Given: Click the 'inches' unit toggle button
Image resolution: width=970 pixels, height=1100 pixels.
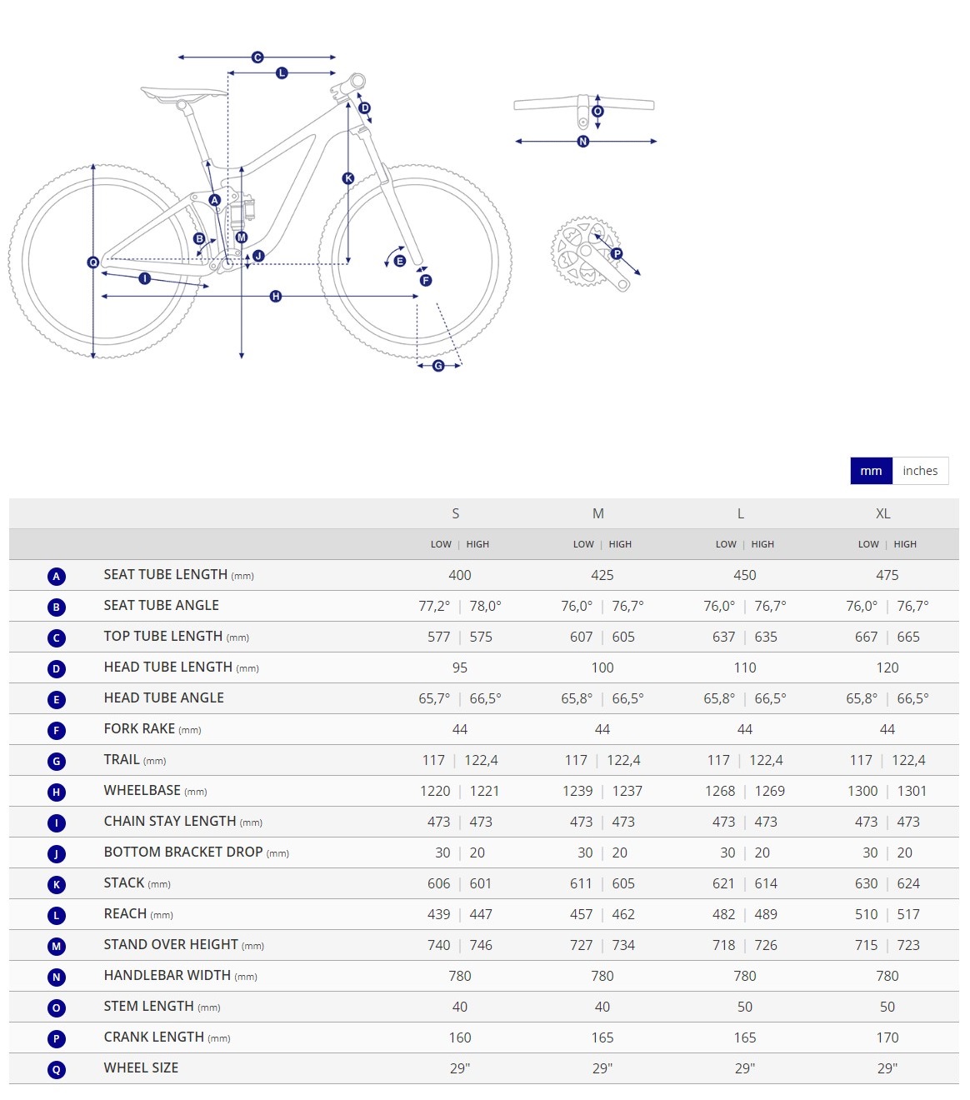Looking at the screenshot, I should point(920,471).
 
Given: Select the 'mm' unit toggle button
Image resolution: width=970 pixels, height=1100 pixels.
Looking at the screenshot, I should point(871,471).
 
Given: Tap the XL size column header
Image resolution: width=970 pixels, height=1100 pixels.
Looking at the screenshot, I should point(883,513).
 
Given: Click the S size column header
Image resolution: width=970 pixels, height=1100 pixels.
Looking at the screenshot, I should point(456,513).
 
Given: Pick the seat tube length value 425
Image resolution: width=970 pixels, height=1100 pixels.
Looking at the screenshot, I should point(602,575).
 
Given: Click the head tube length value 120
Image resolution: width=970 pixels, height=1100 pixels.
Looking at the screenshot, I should point(887,667).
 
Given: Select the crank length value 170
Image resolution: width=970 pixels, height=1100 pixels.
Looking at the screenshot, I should point(887,1037).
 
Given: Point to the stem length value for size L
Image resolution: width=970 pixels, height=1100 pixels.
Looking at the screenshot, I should point(745,1007).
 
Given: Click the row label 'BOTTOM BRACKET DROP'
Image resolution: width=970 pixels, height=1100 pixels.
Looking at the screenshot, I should point(183,852).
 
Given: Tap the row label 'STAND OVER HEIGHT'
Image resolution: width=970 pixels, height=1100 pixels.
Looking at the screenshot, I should point(171,945).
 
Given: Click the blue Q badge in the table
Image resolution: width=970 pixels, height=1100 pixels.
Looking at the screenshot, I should point(57,1069).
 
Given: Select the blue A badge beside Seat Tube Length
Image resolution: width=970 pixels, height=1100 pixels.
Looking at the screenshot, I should point(57,576).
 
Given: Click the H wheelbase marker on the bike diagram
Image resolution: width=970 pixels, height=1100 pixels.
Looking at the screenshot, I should point(276,297).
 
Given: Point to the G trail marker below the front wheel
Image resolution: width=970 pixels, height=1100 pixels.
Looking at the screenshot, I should point(438,366).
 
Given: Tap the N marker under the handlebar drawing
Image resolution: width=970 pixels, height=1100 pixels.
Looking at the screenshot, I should point(583,142).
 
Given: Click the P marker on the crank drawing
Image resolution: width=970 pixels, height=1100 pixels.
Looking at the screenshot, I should point(617,253).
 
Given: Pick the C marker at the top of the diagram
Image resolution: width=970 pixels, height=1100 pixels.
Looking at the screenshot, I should point(257,57).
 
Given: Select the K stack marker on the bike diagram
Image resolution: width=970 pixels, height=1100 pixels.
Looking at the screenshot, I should point(348,178).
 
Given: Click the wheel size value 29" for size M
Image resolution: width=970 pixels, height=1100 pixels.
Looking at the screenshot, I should point(602,1068).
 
